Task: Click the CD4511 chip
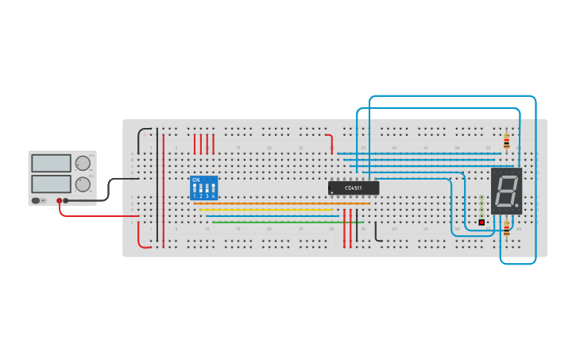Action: pos(354,188)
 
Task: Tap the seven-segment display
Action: pos(506,191)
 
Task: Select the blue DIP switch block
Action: pos(203,188)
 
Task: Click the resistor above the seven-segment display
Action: pos(507,141)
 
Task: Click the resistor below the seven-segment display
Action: pos(507,230)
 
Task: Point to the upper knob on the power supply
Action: pos(83,163)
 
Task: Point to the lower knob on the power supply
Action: pos(83,184)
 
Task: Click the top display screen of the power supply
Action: pos(52,163)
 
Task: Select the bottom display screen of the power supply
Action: pos(52,184)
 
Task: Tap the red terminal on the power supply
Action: pos(59,201)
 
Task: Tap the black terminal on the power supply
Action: pos(66,201)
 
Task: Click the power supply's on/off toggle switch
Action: pos(37,201)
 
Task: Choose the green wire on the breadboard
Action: pos(286,223)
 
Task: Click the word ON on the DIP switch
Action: pos(196,180)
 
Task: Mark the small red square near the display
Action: pos(481,223)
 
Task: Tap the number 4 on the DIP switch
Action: pos(214,195)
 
